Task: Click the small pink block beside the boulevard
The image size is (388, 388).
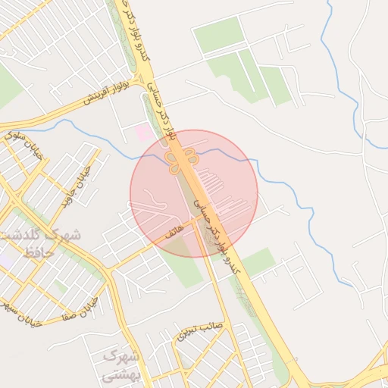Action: point(143,133)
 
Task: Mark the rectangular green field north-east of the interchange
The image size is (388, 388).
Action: point(218,36)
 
